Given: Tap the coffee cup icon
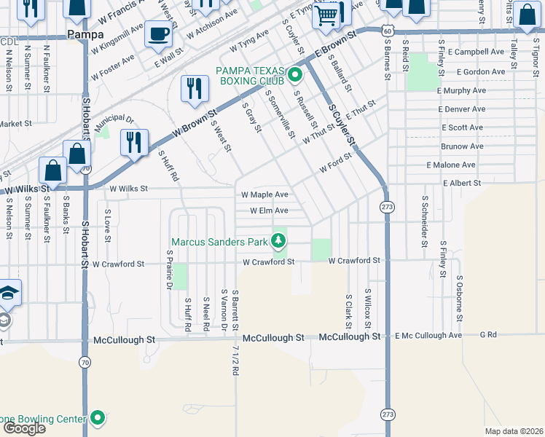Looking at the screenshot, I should (x=158, y=33).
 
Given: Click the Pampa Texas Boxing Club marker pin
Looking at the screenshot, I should (x=295, y=75).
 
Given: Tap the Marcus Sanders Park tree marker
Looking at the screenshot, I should (x=278, y=240).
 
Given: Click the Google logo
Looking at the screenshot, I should (x=24, y=428).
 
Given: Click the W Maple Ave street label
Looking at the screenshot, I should (x=265, y=195).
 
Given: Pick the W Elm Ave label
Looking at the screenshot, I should (x=269, y=210).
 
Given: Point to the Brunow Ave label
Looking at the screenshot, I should (x=462, y=146).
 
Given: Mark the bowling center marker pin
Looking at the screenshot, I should (x=98, y=418).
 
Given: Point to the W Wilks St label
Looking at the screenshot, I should (x=128, y=188).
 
